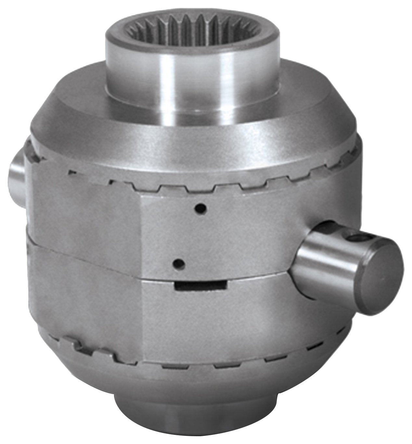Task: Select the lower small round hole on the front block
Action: (178, 263)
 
